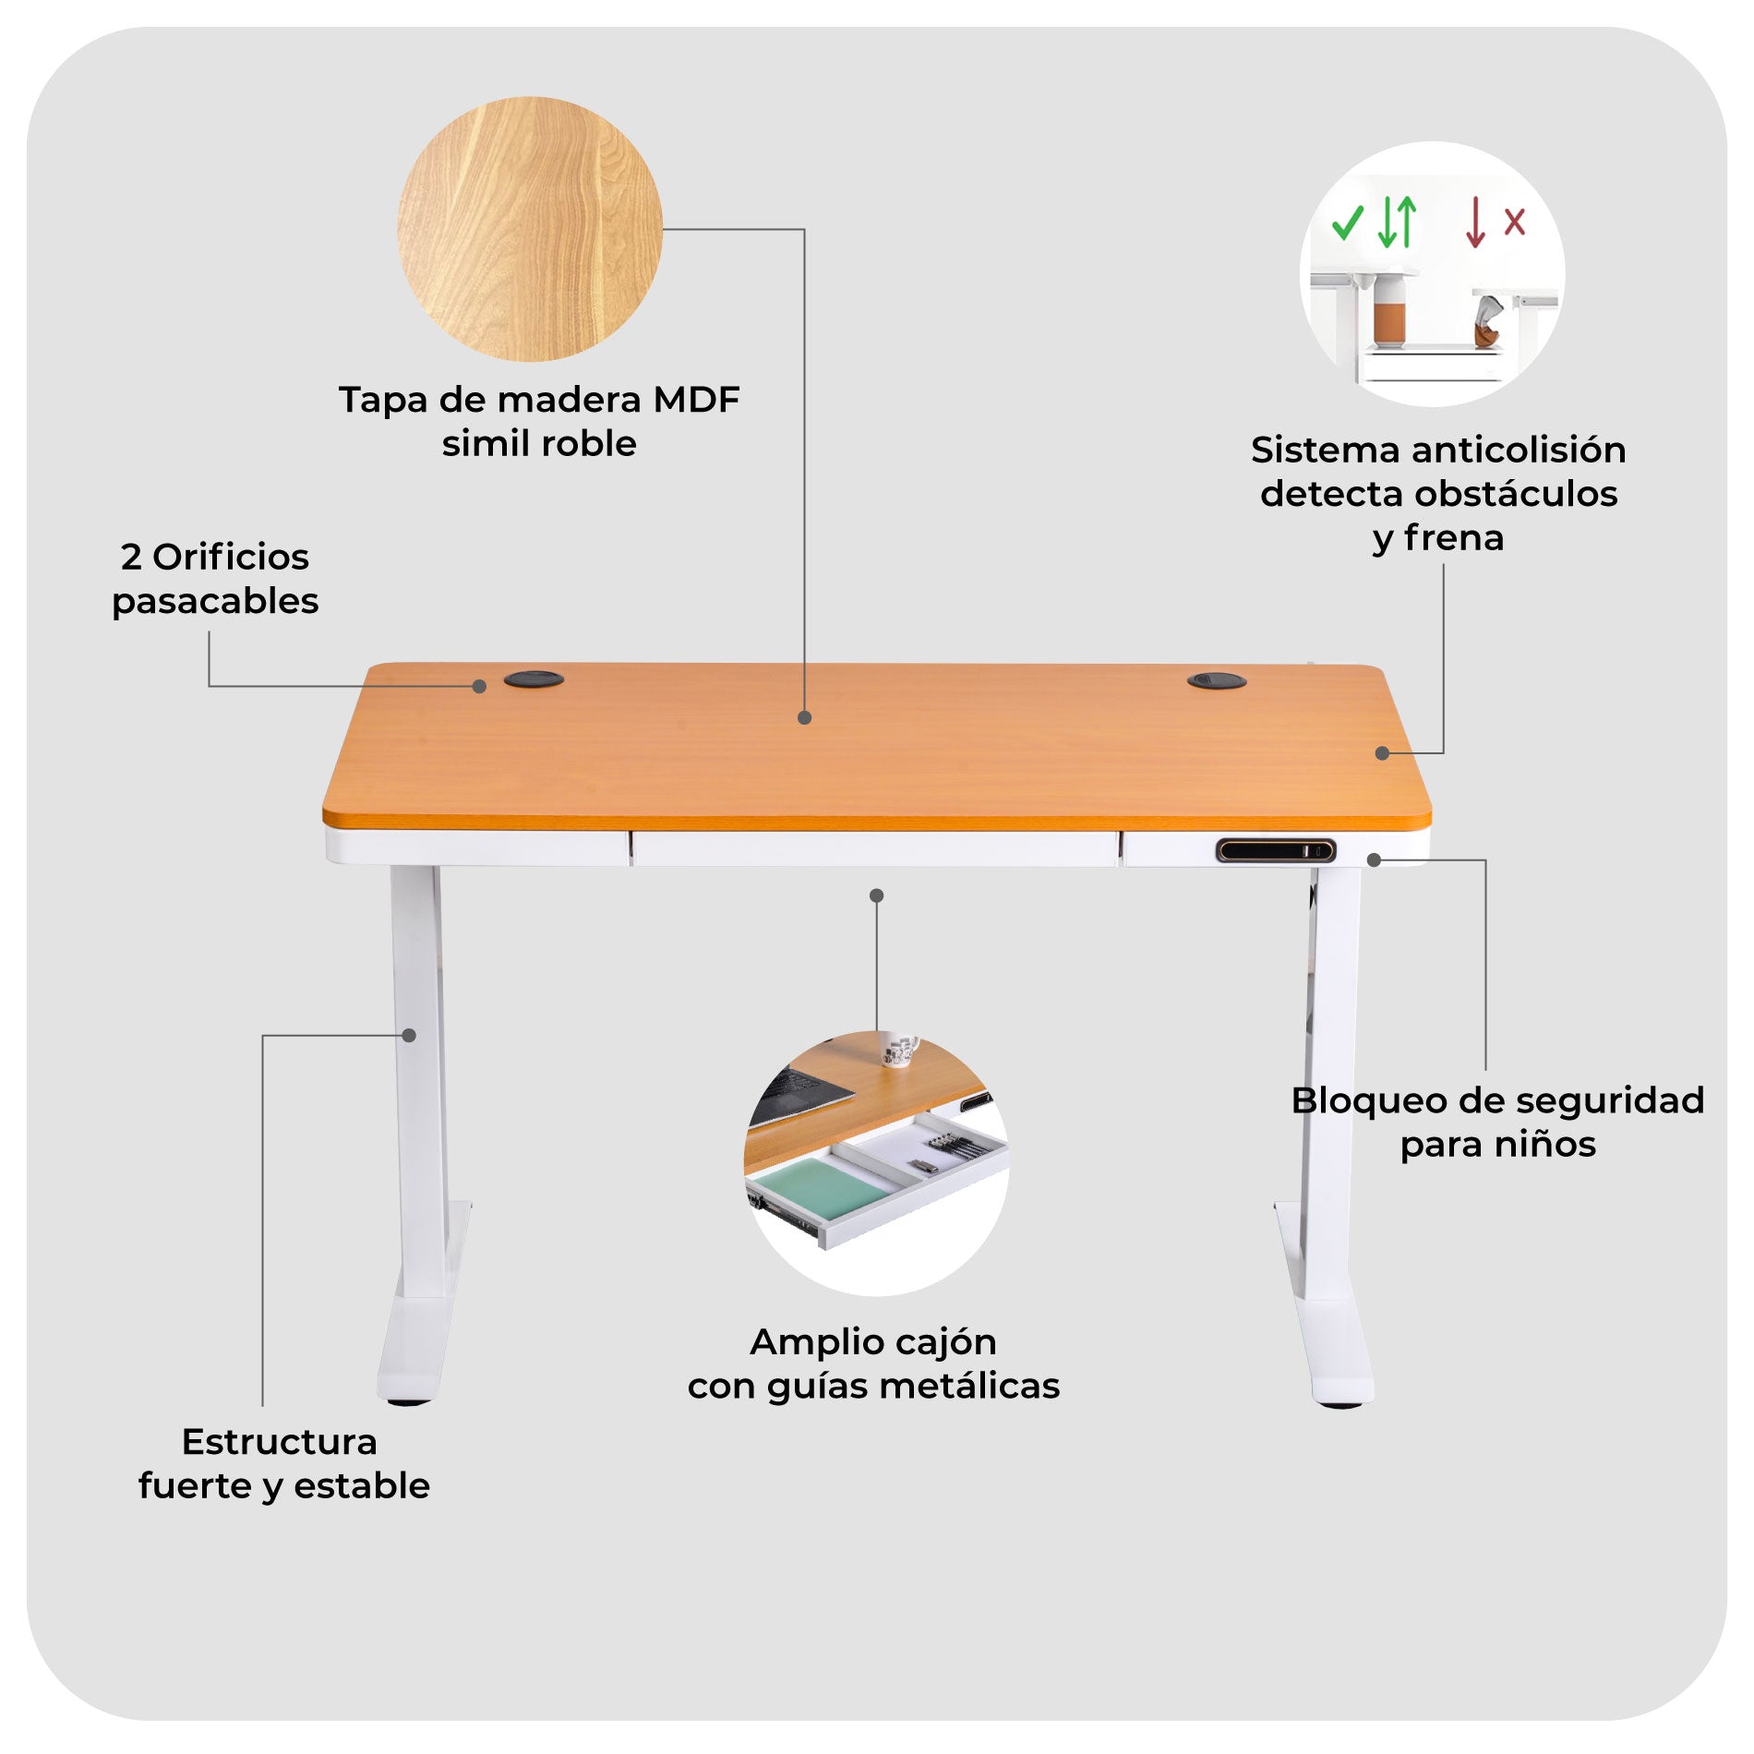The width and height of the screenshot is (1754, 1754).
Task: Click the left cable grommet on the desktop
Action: click(x=534, y=679)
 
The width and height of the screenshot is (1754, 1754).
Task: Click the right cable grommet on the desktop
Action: click(x=1216, y=680)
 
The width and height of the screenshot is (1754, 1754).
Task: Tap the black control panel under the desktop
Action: click(x=1275, y=850)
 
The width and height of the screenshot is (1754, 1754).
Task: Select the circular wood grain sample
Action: click(x=530, y=229)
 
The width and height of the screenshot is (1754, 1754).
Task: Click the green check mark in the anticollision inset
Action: click(x=1347, y=222)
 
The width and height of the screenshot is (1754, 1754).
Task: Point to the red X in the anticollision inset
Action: click(x=1515, y=222)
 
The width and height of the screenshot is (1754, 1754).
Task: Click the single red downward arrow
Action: click(x=1475, y=222)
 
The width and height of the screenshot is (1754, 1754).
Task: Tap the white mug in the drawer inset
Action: click(x=898, y=1049)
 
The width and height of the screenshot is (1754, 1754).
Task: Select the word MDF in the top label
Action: click(x=696, y=400)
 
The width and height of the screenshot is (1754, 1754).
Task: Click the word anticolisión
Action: click(x=1519, y=450)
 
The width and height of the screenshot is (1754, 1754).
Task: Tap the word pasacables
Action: click(x=215, y=602)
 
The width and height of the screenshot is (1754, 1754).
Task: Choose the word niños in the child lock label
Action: click(x=1545, y=1145)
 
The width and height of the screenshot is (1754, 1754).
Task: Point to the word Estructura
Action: click(x=280, y=1442)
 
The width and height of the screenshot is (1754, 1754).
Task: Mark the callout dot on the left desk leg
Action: click(x=409, y=1035)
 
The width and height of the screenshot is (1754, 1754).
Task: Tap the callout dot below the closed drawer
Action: click(x=877, y=895)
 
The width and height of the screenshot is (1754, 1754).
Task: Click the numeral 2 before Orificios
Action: click(x=131, y=558)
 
